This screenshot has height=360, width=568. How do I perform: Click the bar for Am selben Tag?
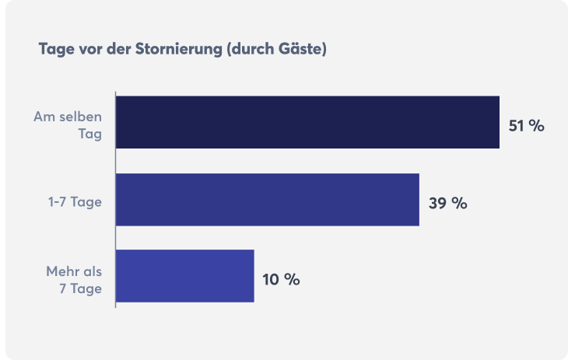point(307,122)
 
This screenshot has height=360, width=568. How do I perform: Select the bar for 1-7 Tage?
point(268,200)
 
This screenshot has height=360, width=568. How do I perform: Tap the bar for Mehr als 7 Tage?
point(185,276)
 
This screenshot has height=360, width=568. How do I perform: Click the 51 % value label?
point(527,126)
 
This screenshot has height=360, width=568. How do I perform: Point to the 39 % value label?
point(447,204)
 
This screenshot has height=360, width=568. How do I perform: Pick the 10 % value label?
point(281,280)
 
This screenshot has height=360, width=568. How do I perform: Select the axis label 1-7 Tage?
point(76,203)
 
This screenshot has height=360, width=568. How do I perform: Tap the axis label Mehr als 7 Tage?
point(75,281)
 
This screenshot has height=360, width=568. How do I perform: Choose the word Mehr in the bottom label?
point(61,271)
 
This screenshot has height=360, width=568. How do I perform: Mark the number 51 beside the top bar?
point(517,126)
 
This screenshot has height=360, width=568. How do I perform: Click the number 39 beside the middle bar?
point(438,204)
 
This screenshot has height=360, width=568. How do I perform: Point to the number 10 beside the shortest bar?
point(271,280)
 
